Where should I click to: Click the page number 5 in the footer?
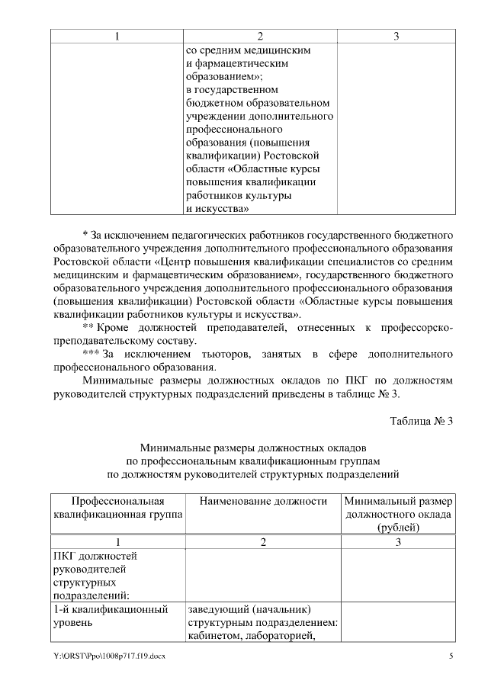tap(451, 656)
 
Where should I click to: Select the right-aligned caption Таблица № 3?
tap(422, 422)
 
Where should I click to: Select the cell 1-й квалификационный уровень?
tap(110, 616)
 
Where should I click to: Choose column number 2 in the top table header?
tap(260, 37)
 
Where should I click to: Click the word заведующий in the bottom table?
tap(219, 609)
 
